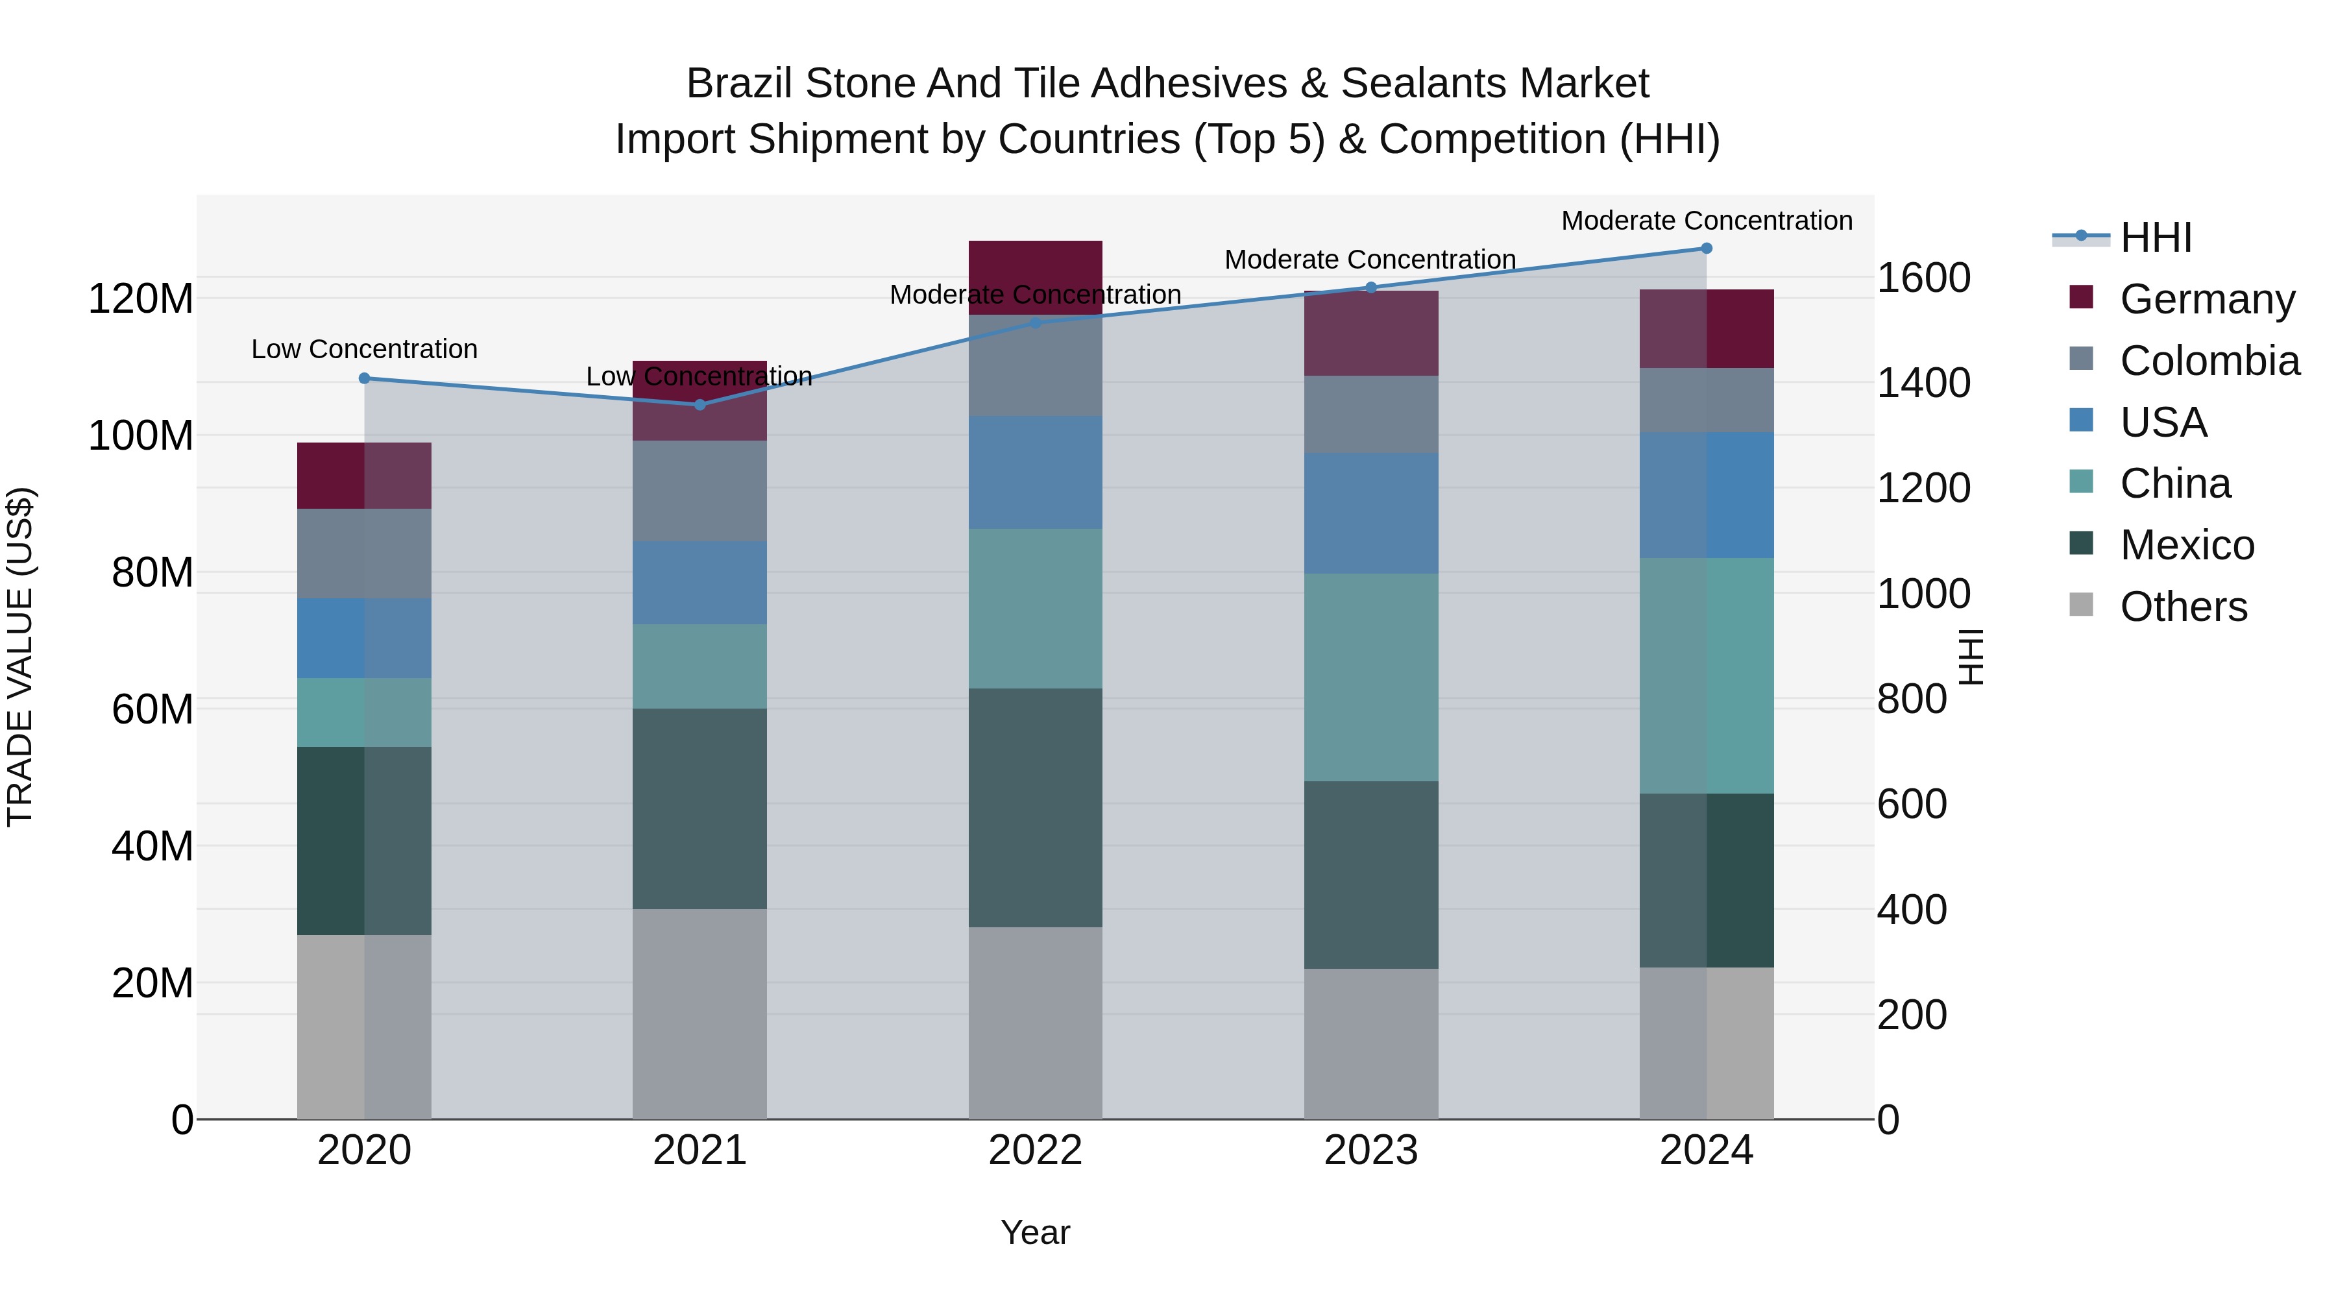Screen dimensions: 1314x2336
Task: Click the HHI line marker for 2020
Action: pyautogui.click(x=365, y=378)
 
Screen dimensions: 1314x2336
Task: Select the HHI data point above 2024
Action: pyautogui.click(x=1706, y=249)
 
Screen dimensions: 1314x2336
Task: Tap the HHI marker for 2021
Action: pyautogui.click(x=699, y=404)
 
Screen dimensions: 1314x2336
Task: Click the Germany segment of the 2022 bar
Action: pyautogui.click(x=1035, y=276)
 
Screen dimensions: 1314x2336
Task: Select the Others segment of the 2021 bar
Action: pyautogui.click(x=699, y=1013)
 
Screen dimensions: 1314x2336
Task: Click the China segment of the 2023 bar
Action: pyautogui.click(x=1370, y=677)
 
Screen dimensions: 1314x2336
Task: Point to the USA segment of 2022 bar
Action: pyautogui.click(x=1035, y=472)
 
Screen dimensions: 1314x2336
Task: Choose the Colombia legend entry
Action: pyautogui.click(x=2209, y=361)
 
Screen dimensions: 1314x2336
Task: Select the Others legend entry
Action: pyautogui.click(x=2183, y=607)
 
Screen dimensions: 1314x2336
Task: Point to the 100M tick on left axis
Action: pyautogui.click(x=141, y=436)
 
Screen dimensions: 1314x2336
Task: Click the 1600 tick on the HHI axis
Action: pyautogui.click(x=1923, y=278)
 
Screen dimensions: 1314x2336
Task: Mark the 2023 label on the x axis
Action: pyautogui.click(x=1370, y=1150)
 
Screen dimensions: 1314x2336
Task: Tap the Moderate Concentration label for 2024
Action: pyautogui.click(x=1706, y=221)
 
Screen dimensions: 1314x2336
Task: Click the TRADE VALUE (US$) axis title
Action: pyautogui.click(x=20, y=657)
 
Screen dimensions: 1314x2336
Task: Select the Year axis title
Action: pyautogui.click(x=1035, y=1232)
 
